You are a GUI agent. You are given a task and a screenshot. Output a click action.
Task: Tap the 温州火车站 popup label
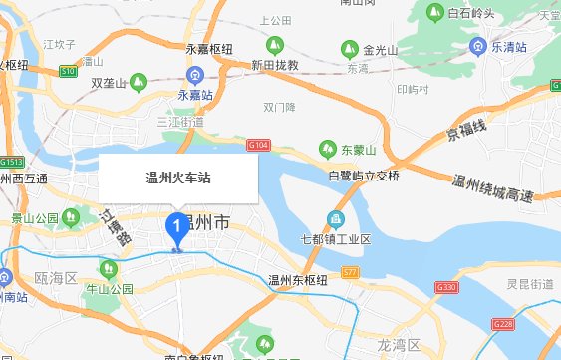point(178,179)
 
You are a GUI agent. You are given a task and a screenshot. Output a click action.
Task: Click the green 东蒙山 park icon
point(327,150)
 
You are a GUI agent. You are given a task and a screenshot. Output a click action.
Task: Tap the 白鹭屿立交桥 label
point(363,176)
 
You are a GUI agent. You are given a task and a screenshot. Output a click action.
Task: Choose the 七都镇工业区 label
point(336,239)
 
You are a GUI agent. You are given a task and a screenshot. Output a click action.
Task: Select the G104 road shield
point(258,147)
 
